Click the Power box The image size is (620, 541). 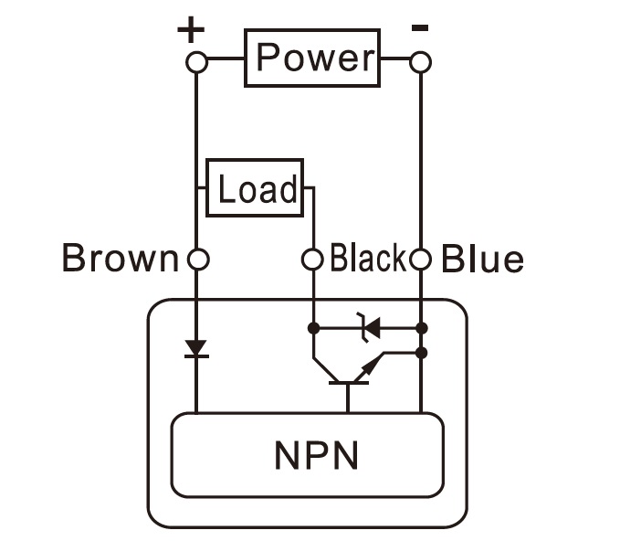point(311,58)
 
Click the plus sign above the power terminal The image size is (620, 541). point(191,31)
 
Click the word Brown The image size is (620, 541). point(119,260)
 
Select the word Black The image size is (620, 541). point(367,260)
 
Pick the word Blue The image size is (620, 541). point(482,260)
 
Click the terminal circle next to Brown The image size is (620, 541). point(197,260)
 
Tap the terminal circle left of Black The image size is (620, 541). point(313,260)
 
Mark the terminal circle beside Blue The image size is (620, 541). point(420,260)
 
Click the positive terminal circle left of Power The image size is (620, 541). point(197,62)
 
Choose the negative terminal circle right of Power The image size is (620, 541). point(420,62)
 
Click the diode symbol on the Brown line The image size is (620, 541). point(196,349)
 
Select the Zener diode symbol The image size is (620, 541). point(370,326)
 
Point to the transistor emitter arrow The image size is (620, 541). point(369,366)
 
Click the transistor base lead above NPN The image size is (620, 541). point(348,398)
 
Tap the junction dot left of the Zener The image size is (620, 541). point(313,326)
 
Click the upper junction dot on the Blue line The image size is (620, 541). point(421,326)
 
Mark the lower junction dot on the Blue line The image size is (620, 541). point(421,352)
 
